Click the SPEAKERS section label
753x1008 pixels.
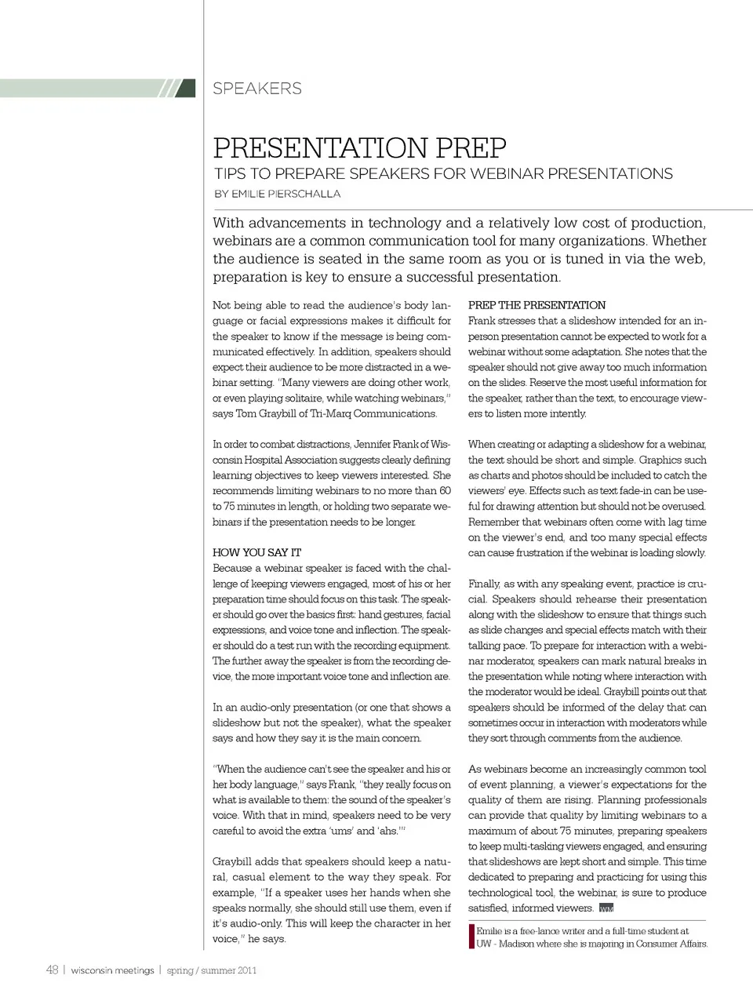coord(256,89)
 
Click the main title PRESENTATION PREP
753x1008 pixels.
coord(360,147)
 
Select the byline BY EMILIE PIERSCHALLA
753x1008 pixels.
coord(277,194)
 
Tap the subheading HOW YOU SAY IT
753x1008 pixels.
coord(256,552)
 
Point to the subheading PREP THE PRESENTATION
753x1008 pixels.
coord(537,305)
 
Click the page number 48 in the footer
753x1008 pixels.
coord(52,970)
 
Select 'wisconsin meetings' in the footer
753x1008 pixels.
coord(112,970)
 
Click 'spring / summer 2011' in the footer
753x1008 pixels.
coord(212,970)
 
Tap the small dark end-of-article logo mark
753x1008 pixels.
coord(606,908)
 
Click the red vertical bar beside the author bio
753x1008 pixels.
coord(471,937)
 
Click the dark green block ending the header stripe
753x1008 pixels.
coord(186,88)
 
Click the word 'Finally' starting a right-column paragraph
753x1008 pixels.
coord(484,584)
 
